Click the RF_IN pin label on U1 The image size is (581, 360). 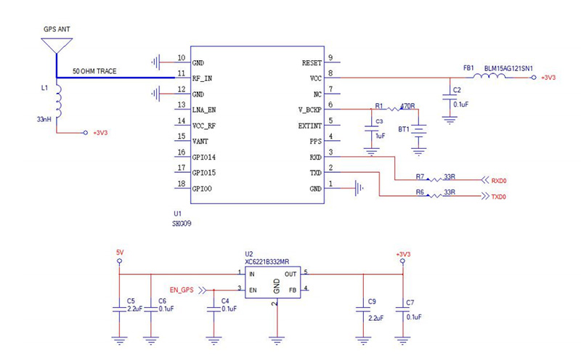coord(203,78)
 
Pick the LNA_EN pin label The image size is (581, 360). coord(205,110)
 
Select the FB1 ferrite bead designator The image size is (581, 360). coord(468,68)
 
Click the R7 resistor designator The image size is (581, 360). coord(420,176)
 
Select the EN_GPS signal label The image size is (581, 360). coord(181,290)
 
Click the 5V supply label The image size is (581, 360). coord(120,252)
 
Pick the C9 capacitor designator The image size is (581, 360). coord(372,300)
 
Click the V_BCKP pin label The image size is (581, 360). coord(309,110)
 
